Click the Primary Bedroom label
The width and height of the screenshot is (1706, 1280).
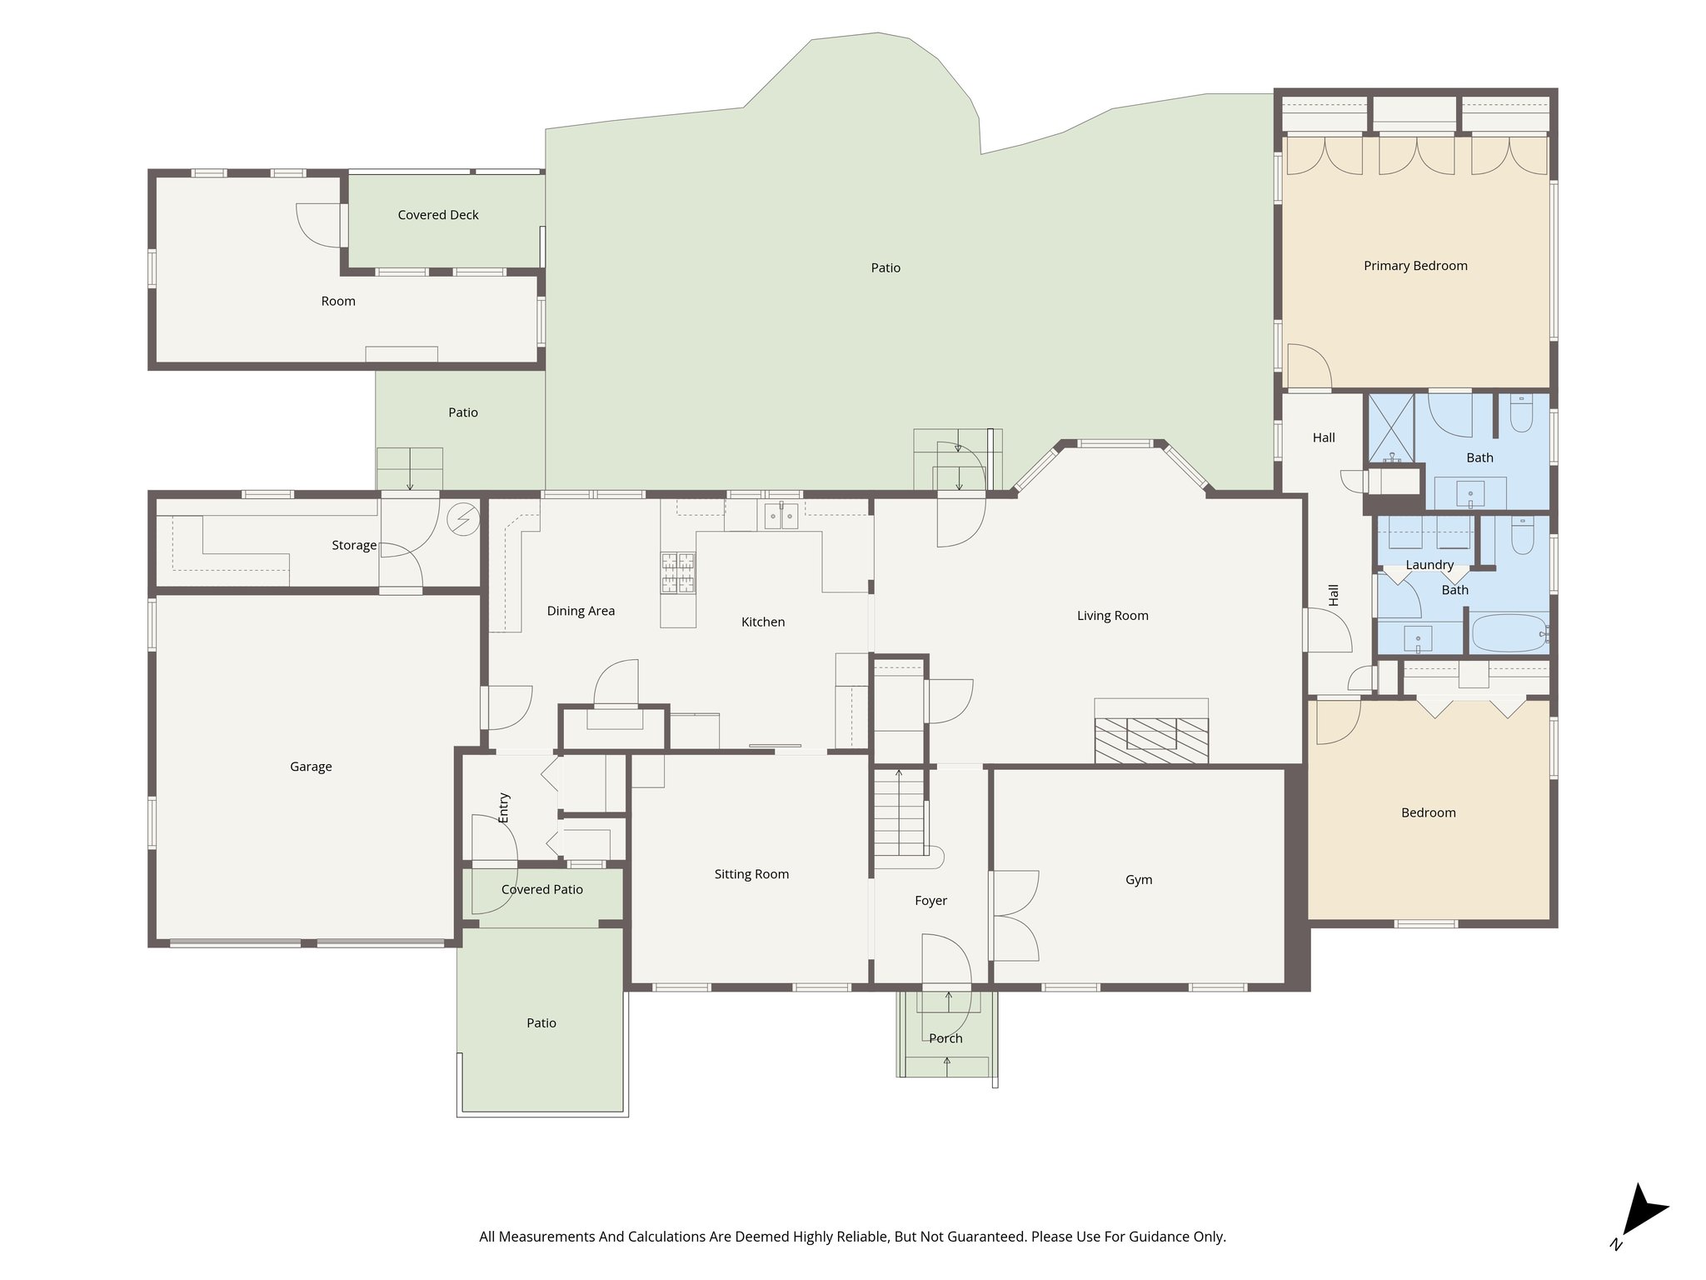pos(1415,266)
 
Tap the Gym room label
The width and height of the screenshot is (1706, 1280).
pos(1139,880)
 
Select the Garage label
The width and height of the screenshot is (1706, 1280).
pos(311,767)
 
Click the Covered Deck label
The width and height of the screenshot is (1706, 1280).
pos(438,215)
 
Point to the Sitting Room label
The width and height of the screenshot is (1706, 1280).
pos(751,874)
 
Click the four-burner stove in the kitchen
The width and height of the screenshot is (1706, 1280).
pos(678,572)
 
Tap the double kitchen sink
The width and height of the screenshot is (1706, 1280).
pos(781,517)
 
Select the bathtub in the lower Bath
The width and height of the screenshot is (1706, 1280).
pos(1508,633)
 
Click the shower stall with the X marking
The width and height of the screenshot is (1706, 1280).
pos(1392,428)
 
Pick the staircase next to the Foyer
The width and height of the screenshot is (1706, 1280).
pos(900,812)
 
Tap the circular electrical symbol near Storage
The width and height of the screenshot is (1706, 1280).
pos(463,520)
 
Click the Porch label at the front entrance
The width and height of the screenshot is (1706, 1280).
pos(945,1038)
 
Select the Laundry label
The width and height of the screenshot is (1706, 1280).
pos(1429,565)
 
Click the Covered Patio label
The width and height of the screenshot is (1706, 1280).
pos(542,890)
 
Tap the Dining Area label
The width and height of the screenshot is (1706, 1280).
pos(581,611)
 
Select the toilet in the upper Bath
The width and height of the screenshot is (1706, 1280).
pos(1521,414)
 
